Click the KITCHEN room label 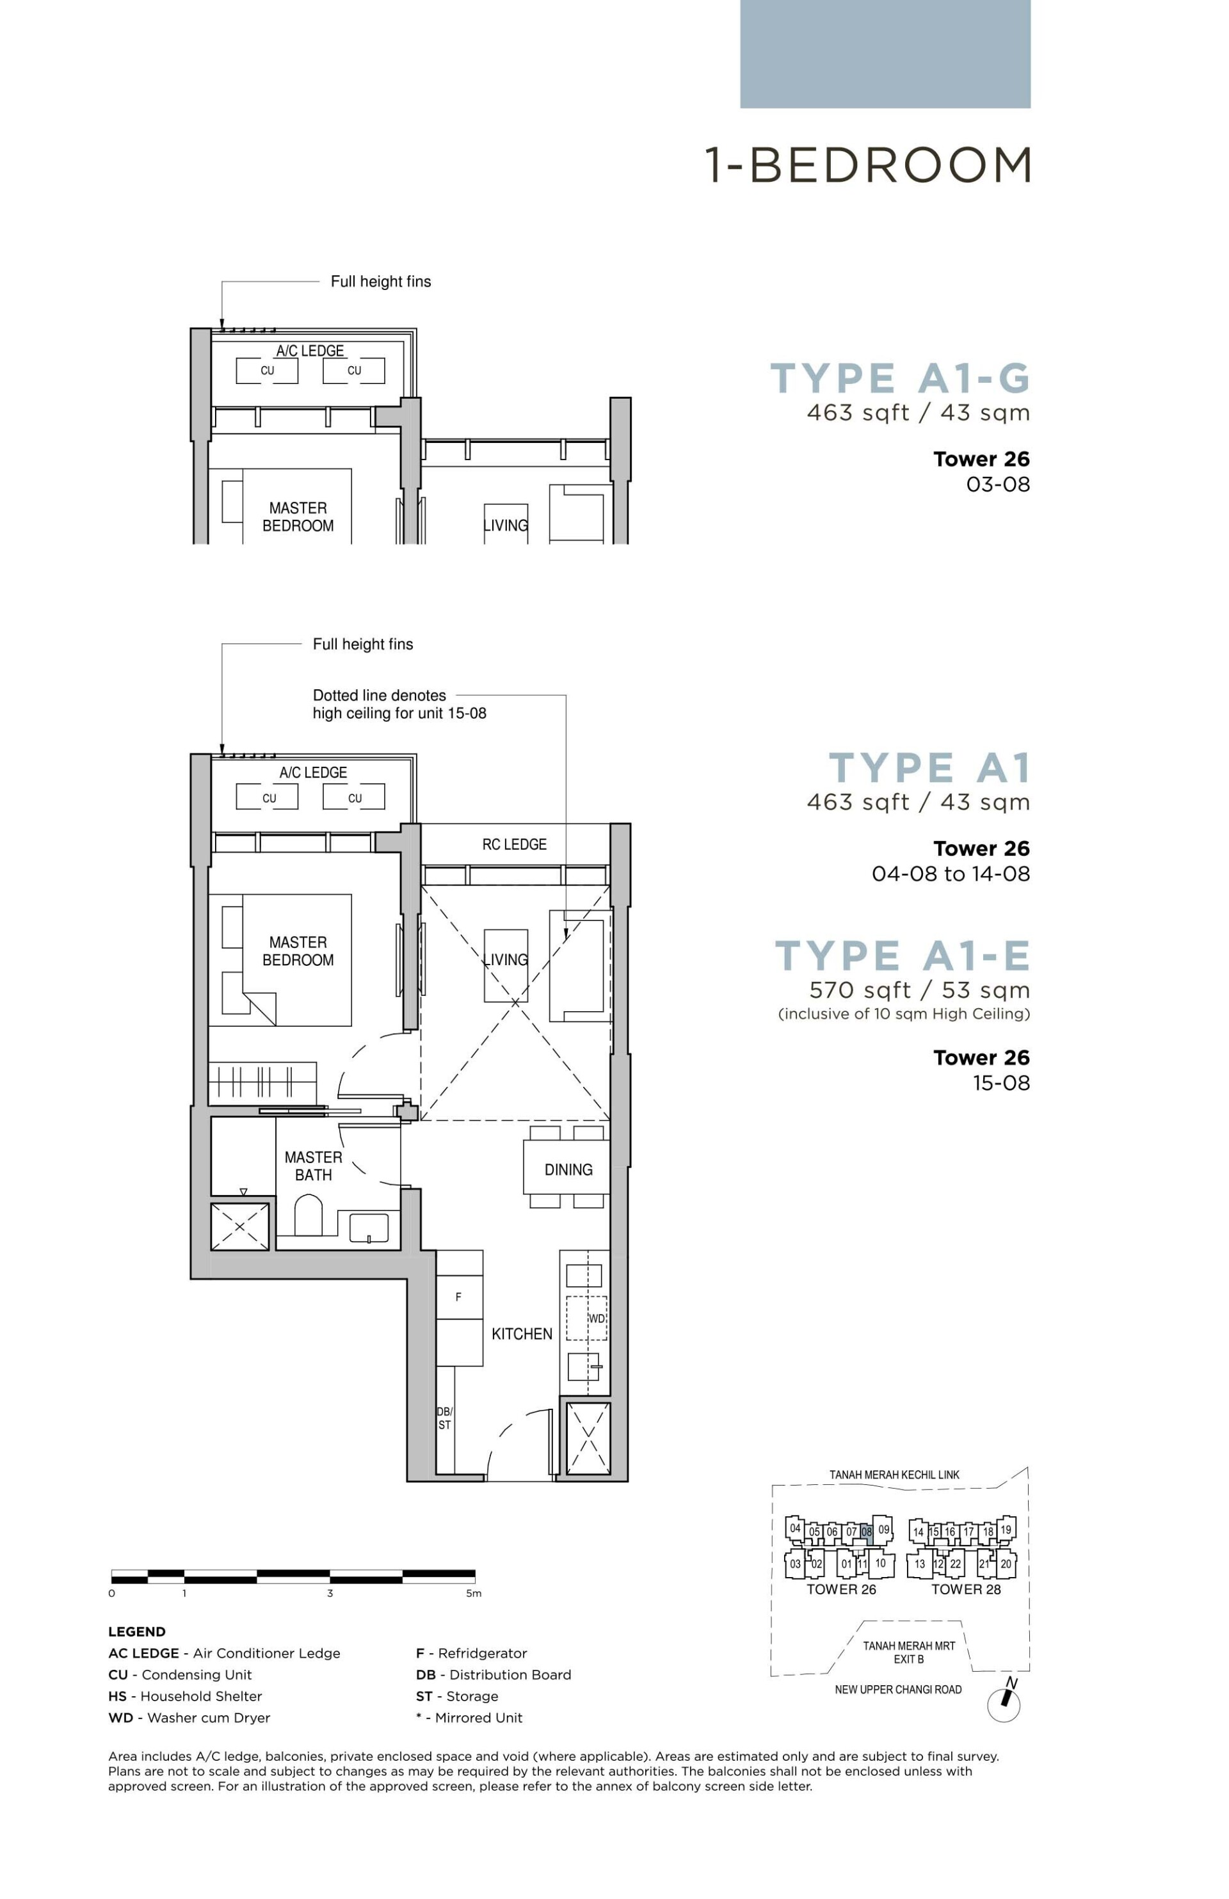click(x=521, y=1334)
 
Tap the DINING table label click(x=568, y=1170)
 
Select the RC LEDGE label click(x=514, y=844)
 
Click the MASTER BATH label click(x=313, y=1166)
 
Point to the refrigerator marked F click(x=459, y=1297)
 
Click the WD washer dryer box click(x=588, y=1318)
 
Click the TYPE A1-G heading click(x=899, y=378)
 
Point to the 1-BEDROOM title click(x=867, y=165)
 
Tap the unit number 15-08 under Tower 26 click(x=1000, y=1083)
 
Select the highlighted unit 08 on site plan click(x=867, y=1531)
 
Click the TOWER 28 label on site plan click(x=966, y=1589)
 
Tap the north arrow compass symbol click(x=1005, y=1704)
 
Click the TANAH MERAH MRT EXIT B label click(x=909, y=1653)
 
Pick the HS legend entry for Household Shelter click(x=184, y=1696)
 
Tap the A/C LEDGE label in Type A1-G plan click(x=310, y=351)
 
